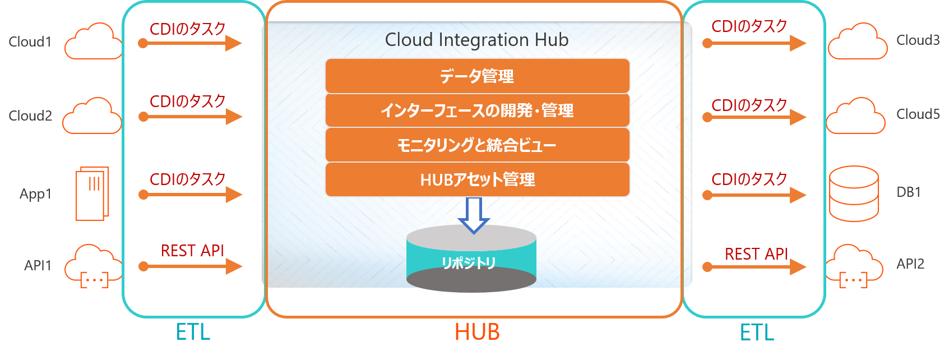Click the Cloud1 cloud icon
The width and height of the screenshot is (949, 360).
(x=93, y=41)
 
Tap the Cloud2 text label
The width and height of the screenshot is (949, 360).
(x=30, y=116)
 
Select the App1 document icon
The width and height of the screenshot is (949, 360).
(x=92, y=193)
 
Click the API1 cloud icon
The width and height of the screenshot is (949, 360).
(x=93, y=266)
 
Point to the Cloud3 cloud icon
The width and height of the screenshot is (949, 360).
(x=858, y=41)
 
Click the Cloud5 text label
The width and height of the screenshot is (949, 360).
(x=918, y=114)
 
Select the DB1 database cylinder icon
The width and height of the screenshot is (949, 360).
(x=854, y=193)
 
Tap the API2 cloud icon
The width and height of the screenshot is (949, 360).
(x=854, y=265)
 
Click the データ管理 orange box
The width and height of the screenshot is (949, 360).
(x=477, y=76)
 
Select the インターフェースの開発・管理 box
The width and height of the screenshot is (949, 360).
(x=477, y=110)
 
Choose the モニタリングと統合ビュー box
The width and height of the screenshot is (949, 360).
(x=477, y=145)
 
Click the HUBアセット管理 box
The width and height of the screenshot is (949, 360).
(x=477, y=179)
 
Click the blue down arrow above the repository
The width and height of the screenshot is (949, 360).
(x=474, y=215)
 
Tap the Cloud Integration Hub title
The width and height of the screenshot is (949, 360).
(x=476, y=40)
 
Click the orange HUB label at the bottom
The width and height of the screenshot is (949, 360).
(x=477, y=332)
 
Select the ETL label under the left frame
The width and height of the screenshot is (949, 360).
(x=193, y=332)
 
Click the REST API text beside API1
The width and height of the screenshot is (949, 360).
(x=192, y=251)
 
